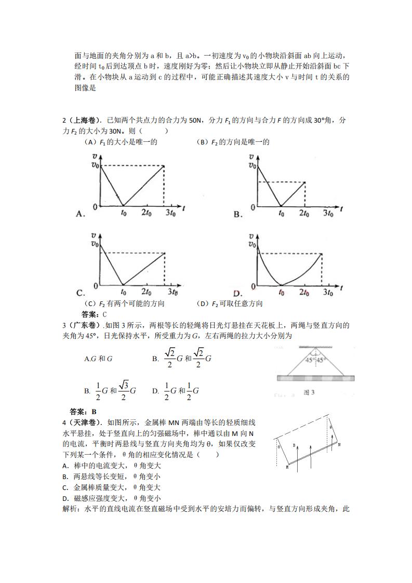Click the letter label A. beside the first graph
pos(81,214)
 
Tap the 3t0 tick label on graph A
pos(169,213)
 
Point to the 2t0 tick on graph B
pos(305,213)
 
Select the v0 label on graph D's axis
pos(252,244)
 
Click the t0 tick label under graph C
pos(123,292)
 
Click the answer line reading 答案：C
pos(94,314)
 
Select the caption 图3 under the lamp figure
pos(309,392)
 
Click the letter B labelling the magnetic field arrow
pos(294,445)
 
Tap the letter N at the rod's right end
pos(339,445)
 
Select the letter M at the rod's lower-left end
pos(287,468)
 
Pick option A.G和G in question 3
pos(99,359)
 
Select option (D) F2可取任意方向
pos(230,303)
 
